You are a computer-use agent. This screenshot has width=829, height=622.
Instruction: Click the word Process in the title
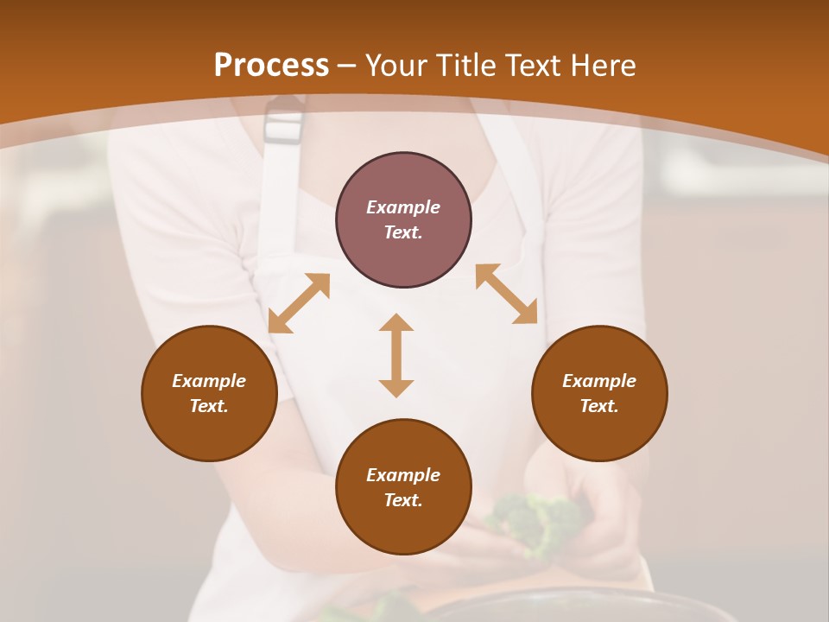pos(271,66)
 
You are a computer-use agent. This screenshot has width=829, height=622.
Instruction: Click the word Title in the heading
pos(462,66)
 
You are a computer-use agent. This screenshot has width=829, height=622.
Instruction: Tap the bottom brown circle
pos(403,527)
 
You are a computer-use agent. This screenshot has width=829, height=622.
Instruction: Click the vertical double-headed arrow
pos(396,355)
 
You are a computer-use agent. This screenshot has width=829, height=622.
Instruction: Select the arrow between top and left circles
pos(299,303)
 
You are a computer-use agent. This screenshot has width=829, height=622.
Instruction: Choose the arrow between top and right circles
pos(506,294)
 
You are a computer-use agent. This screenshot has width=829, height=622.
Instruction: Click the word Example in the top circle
pos(403,207)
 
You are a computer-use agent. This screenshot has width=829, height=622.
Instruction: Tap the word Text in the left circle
pos(209,406)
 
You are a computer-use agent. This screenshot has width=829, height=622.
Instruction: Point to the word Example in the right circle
pos(599,381)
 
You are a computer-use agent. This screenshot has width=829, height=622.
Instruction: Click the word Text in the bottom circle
pos(403,500)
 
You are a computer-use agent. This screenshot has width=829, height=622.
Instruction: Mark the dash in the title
pos(346,67)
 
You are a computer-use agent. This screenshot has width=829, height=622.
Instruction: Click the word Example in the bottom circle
pos(403,475)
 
